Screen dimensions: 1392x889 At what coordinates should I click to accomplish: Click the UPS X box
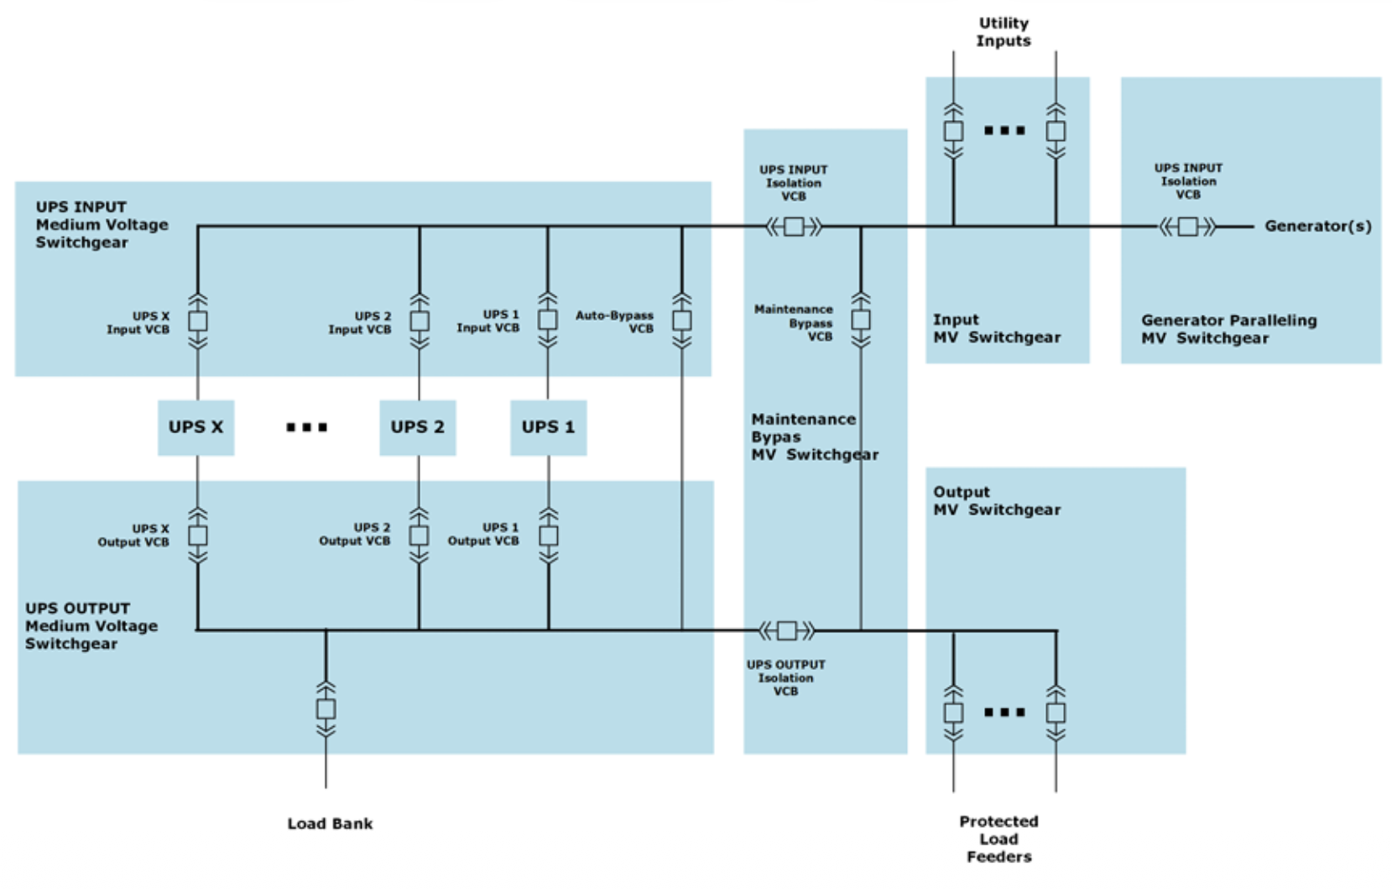pyautogui.click(x=196, y=428)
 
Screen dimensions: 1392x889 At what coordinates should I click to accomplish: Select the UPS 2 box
pyautogui.click(x=418, y=428)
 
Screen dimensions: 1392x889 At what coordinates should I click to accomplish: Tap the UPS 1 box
pyautogui.click(x=548, y=428)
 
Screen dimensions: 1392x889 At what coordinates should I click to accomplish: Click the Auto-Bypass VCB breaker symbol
pyautogui.click(x=681, y=321)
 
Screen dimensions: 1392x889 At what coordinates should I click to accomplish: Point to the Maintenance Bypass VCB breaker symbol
pyautogui.click(x=861, y=320)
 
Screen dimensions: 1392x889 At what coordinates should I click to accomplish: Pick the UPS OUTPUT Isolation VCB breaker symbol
pyautogui.click(x=787, y=630)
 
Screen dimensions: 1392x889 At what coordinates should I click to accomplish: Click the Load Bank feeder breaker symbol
pyautogui.click(x=326, y=709)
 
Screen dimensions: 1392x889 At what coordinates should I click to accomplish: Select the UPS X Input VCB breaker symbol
pyautogui.click(x=198, y=321)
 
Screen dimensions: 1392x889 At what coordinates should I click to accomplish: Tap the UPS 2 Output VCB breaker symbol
pyautogui.click(x=419, y=536)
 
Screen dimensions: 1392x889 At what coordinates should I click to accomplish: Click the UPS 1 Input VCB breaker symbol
pyautogui.click(x=547, y=320)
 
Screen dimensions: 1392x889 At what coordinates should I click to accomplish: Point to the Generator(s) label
pyautogui.click(x=1318, y=226)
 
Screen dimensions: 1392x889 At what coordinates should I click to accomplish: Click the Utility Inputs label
pyautogui.click(x=1003, y=32)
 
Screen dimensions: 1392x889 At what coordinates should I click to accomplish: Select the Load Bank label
pyautogui.click(x=330, y=824)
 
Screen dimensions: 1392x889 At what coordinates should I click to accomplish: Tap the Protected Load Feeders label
pyautogui.click(x=998, y=839)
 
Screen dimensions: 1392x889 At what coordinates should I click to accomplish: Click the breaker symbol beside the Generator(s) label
pyautogui.click(x=1187, y=227)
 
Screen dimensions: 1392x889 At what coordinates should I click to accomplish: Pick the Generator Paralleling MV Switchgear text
pyautogui.click(x=1228, y=329)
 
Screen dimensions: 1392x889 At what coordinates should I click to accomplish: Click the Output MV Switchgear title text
pyautogui.click(x=997, y=500)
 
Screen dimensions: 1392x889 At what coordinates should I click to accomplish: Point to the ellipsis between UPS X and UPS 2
pyautogui.click(x=306, y=427)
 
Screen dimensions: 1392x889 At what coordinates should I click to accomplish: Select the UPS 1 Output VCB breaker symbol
pyautogui.click(x=548, y=536)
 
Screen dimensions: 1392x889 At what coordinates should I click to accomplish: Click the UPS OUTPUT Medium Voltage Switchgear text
pyautogui.click(x=91, y=625)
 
